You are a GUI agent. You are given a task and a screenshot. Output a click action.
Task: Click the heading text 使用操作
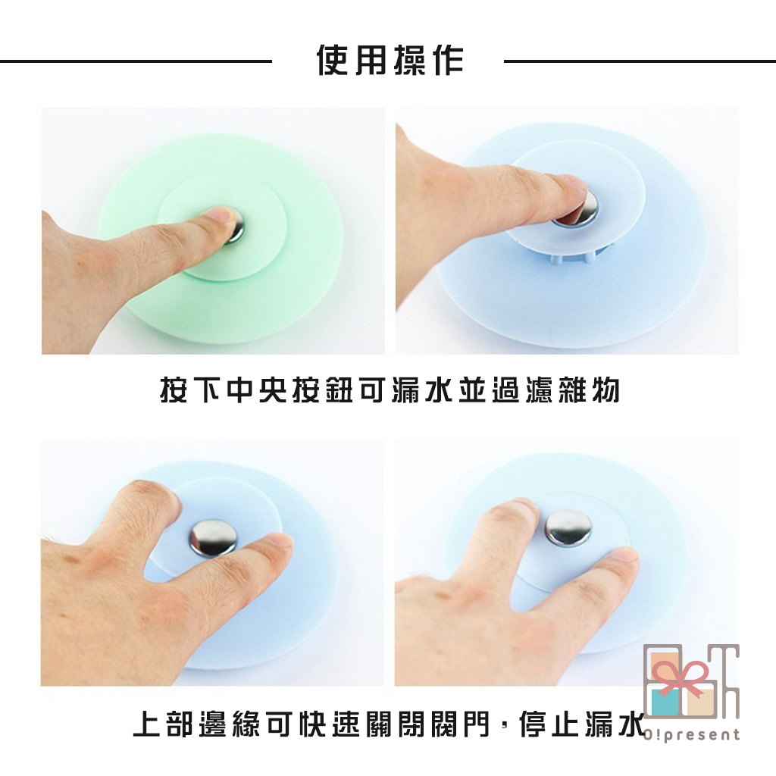(390, 61)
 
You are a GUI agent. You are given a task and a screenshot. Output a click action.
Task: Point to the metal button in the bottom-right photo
(568, 528)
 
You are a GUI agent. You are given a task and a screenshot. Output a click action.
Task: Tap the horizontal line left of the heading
(136, 61)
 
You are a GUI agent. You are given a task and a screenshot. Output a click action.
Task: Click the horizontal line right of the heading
(640, 61)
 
